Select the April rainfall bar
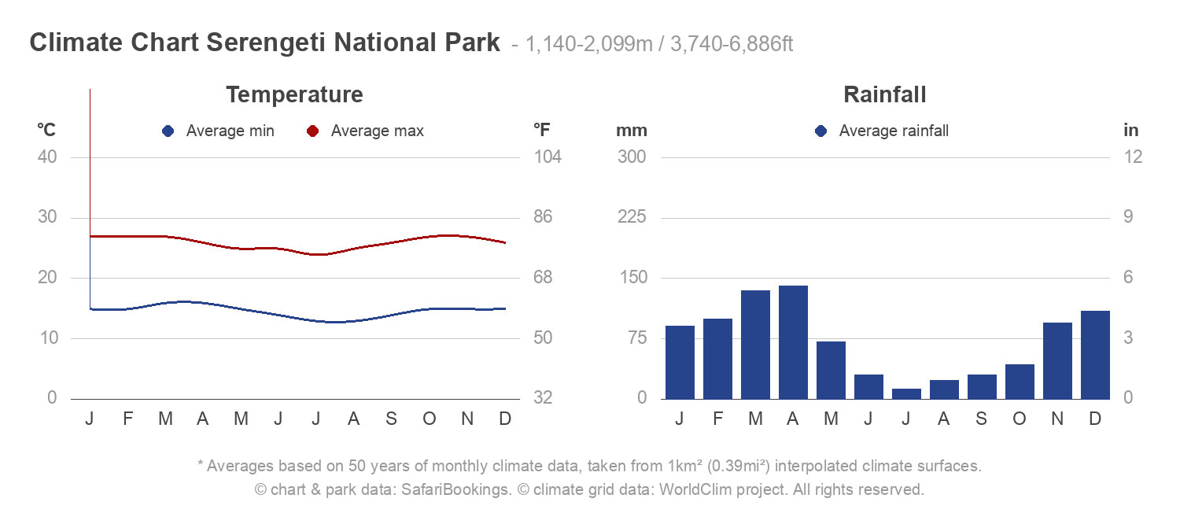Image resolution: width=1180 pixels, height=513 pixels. pos(793,342)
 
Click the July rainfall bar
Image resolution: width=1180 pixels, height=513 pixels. pos(906,393)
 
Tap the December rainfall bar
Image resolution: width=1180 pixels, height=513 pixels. pos(1095,355)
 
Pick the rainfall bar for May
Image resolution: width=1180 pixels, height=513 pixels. pos(831,370)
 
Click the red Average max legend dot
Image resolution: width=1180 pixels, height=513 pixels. pos(313,131)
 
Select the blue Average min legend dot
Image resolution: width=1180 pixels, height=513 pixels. pos(168,131)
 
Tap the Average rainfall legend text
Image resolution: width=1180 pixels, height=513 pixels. pos(894,131)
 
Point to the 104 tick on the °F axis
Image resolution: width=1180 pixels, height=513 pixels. pos(548,157)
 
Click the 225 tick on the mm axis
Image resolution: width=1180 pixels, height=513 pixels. pos(632,217)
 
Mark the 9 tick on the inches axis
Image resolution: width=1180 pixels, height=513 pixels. pos(1133,217)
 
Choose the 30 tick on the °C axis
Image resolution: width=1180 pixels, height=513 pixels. pos(47,217)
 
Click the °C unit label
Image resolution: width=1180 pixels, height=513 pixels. pos(46,130)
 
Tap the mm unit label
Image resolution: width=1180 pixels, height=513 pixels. pos(631,131)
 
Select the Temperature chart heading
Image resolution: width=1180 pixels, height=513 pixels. pos(294,95)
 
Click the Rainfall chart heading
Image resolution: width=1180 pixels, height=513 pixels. pos(884,95)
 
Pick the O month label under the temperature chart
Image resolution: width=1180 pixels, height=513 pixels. pos(430,419)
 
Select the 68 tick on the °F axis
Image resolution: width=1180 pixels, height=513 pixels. pos(548,278)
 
